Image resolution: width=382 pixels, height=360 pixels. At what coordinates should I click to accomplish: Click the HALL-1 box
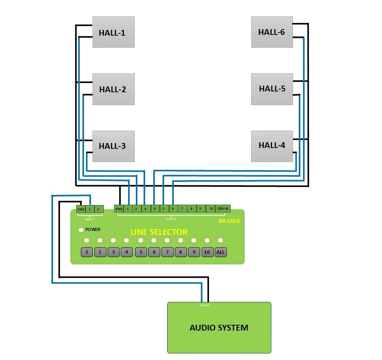[113, 32]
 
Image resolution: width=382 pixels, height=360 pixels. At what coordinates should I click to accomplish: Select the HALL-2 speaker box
[113, 89]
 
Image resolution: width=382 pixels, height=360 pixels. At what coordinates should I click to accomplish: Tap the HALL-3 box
[113, 146]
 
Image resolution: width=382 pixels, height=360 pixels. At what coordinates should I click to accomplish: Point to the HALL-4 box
[272, 146]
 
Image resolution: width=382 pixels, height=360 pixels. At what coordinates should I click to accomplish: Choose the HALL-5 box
[272, 89]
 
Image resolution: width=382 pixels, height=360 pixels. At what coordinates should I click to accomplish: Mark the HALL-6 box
[272, 32]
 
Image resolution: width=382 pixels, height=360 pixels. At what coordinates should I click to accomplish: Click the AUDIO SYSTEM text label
[219, 327]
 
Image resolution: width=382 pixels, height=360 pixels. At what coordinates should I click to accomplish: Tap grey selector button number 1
[87, 252]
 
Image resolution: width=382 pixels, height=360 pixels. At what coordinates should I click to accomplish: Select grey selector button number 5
[141, 252]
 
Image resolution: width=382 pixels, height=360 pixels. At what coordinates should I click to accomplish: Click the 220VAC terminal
[223, 208]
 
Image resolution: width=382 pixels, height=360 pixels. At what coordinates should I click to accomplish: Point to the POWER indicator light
[81, 230]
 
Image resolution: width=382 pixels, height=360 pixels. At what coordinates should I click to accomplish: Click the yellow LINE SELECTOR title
[159, 232]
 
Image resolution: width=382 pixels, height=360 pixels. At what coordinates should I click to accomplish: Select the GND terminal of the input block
[81, 209]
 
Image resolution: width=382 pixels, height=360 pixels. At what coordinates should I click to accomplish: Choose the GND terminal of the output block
[119, 209]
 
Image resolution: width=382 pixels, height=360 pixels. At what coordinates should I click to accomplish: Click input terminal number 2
[98, 209]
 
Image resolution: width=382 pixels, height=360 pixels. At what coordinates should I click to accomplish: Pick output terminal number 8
[191, 208]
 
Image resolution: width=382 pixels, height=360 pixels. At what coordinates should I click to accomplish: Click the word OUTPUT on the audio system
[205, 305]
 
